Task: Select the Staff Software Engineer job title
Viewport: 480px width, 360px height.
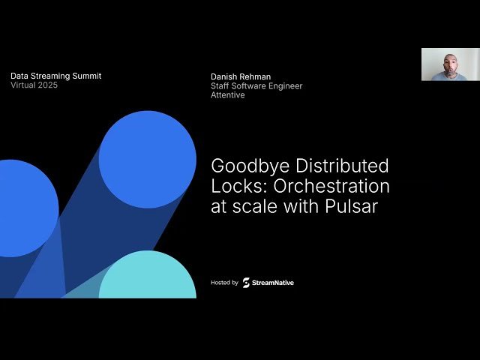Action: (x=256, y=86)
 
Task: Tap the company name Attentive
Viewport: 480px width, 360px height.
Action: (x=228, y=95)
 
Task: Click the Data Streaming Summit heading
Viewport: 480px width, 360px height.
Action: (x=55, y=76)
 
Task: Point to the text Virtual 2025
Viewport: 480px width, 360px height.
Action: (x=34, y=85)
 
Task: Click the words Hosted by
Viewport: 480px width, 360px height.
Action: (x=224, y=283)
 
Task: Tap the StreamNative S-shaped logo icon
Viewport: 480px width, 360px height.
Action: (x=246, y=283)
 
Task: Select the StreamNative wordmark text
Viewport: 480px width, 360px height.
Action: (x=274, y=283)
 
